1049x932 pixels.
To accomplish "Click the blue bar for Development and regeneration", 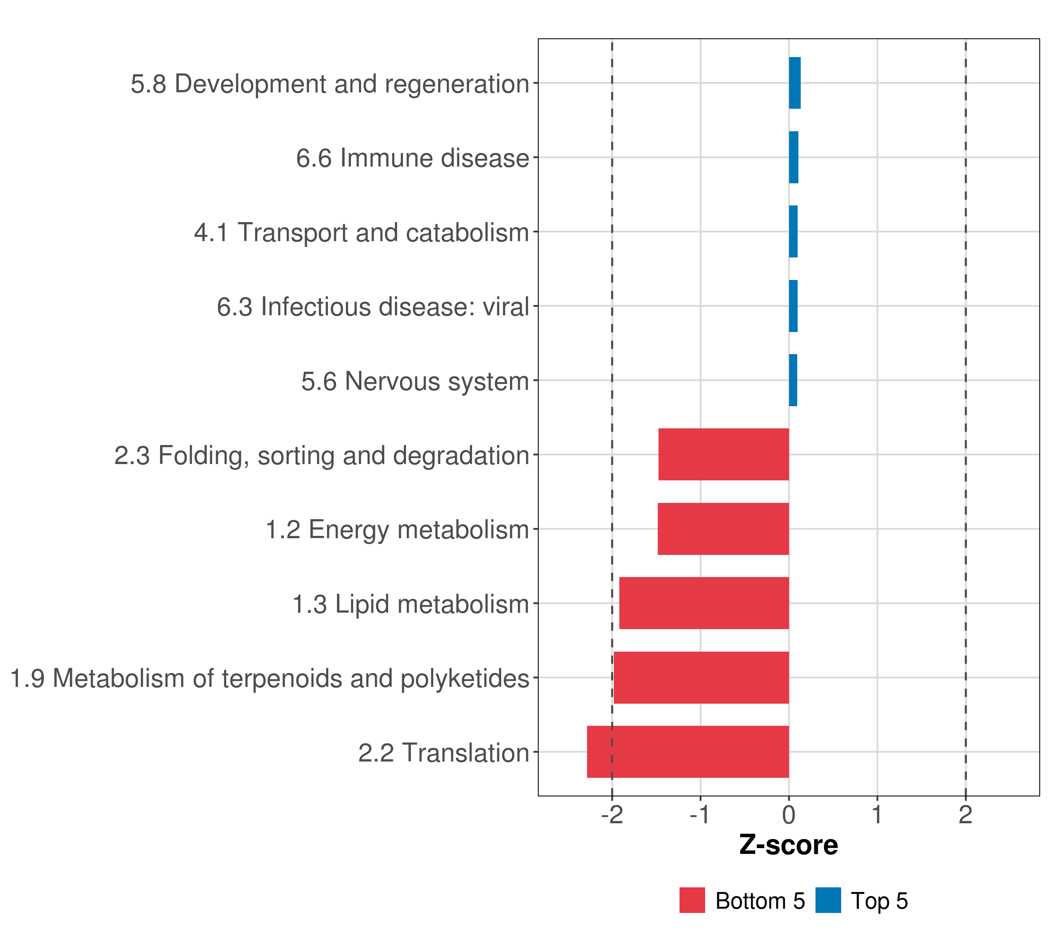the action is click(795, 83).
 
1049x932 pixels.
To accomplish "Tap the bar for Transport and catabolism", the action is click(793, 232).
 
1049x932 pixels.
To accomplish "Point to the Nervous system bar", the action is click(793, 380).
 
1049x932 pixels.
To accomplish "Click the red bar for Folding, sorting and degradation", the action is click(724, 454).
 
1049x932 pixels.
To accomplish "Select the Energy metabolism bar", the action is click(723, 529).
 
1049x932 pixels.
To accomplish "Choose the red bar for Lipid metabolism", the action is click(704, 603).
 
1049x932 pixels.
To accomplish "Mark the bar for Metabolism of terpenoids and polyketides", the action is click(701, 678).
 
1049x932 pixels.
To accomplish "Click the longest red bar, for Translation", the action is click(688, 752).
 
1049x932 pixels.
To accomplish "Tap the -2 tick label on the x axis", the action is click(612, 815).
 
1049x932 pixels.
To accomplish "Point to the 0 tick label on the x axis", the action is click(789, 815).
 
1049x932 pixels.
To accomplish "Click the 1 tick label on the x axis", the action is click(877, 815).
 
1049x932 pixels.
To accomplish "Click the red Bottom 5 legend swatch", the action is click(692, 900).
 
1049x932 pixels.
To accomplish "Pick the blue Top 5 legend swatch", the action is click(828, 900).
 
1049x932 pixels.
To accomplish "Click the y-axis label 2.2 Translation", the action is click(443, 753).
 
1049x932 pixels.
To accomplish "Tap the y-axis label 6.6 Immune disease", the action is click(413, 158).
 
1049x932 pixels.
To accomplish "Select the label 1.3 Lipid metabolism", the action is click(411, 604).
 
